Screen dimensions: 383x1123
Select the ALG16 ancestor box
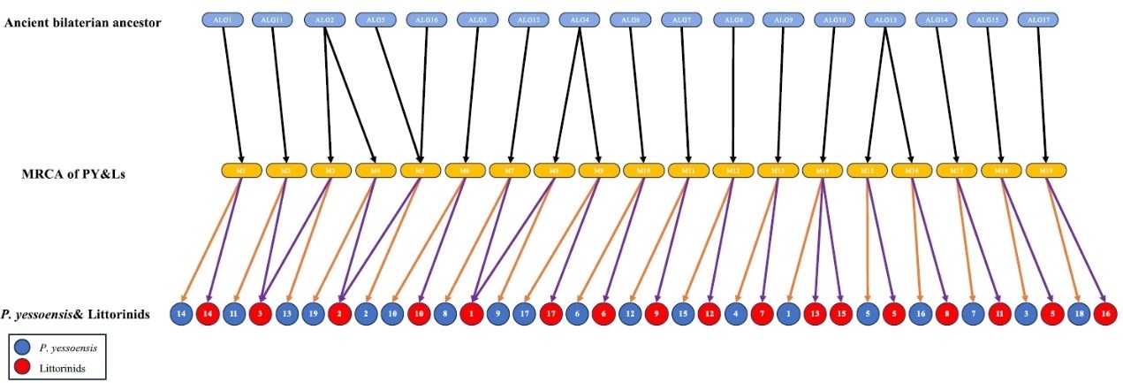tap(426, 19)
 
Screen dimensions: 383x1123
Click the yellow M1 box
tap(241, 168)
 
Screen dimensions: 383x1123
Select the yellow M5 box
tap(420, 168)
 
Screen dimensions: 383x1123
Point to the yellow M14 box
tap(822, 168)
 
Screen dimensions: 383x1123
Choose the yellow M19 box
tap(1044, 168)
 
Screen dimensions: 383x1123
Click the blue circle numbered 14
tap(182, 313)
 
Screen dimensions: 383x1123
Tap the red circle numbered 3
tap(260, 313)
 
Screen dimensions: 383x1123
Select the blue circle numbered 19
tap(312, 313)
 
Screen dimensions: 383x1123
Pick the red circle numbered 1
tap(472, 313)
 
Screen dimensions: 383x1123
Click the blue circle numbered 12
tap(629, 313)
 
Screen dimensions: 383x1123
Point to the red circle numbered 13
tap(814, 313)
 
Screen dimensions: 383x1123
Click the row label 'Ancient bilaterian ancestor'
tap(83, 22)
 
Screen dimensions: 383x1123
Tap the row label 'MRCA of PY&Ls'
tap(72, 174)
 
